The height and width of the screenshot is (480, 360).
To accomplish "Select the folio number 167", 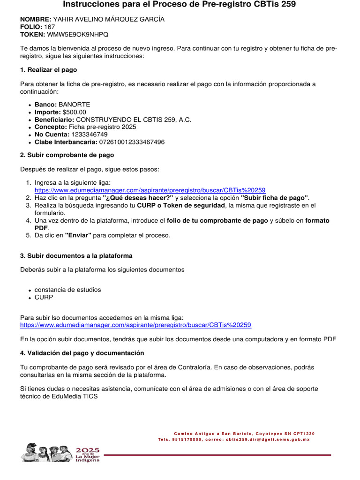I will [x=49, y=27].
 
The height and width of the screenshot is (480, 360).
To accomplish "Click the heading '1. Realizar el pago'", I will [x=48, y=70].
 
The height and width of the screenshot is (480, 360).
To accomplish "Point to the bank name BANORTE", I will [x=74, y=105].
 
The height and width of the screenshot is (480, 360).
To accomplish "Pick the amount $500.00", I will [x=74, y=112].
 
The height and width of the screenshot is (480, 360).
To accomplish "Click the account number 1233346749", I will [x=89, y=135].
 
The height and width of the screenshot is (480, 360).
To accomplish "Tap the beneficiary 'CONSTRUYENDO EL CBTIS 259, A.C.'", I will [x=134, y=120].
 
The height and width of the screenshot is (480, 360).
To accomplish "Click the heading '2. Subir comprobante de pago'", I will [x=67, y=155].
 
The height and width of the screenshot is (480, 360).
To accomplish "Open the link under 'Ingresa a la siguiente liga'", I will [x=150, y=190].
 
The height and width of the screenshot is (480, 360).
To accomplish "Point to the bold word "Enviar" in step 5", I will [x=78, y=235].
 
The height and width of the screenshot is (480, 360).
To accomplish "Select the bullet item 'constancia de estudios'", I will [x=67, y=290].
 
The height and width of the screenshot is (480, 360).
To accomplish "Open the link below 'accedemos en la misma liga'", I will [x=136, y=325].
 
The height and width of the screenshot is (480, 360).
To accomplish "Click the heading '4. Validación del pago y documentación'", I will [x=82, y=353].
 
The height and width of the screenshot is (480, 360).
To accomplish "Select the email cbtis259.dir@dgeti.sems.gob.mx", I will [x=268, y=440].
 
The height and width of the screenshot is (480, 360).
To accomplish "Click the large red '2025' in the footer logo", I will [x=88, y=450].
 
